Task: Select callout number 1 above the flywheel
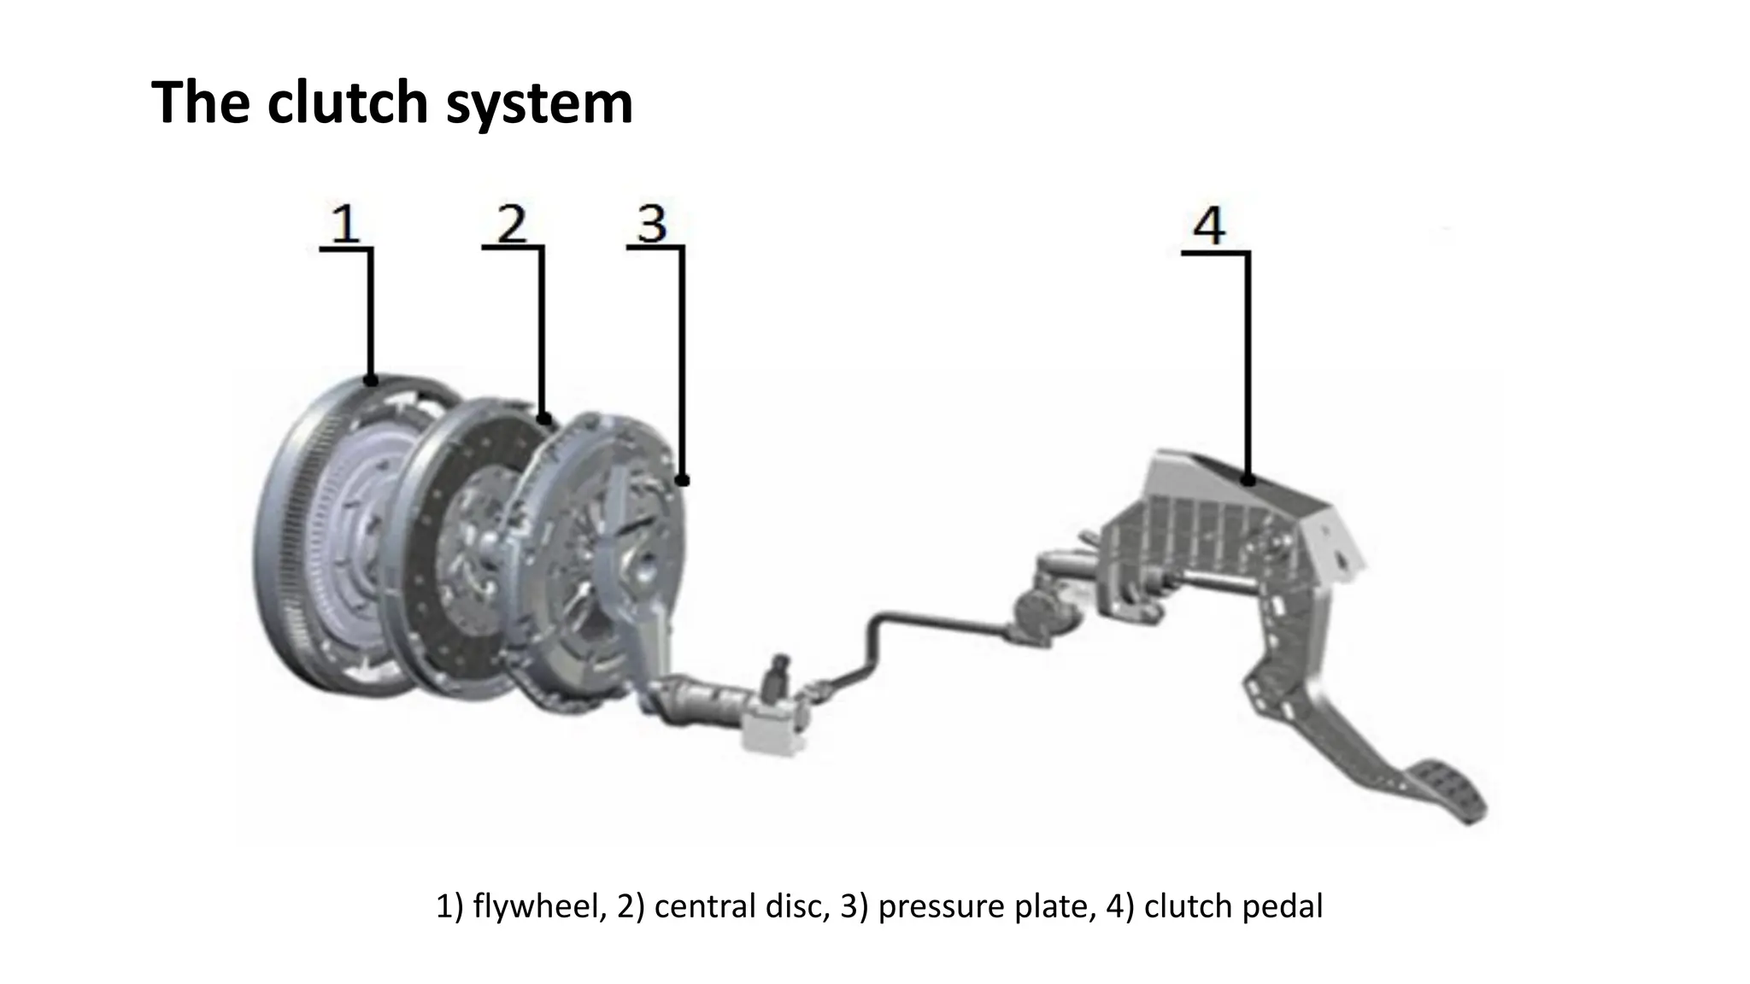tap(344, 223)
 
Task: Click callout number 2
tap(511, 223)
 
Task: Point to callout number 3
tap(651, 224)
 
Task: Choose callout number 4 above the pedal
tap(1208, 227)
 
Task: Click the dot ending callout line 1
tap(370, 380)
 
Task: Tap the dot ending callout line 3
tap(683, 481)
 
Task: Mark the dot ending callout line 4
tap(1248, 480)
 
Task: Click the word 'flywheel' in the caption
tap(539, 906)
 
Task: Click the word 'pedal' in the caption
tap(1281, 906)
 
